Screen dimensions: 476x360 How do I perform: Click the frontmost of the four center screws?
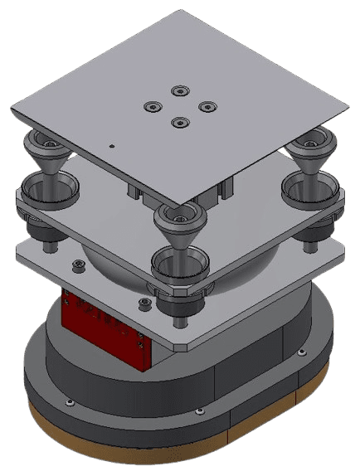click(x=178, y=123)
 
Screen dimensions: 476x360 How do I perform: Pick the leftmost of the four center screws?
click(x=151, y=107)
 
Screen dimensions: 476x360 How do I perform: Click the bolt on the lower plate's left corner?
click(x=78, y=265)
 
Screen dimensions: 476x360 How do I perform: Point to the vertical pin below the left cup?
click(x=49, y=240)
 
